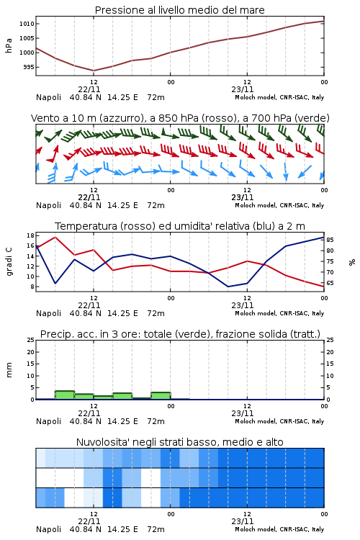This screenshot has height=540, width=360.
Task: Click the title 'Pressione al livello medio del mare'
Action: [179, 10]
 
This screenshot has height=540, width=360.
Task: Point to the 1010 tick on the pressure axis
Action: [27, 24]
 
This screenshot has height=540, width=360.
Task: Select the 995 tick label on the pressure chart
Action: [29, 67]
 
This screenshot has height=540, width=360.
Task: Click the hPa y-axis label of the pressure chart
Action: [9, 45]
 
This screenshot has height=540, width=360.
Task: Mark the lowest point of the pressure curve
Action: [94, 71]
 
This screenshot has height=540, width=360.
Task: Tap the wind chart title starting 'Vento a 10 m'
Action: [180, 118]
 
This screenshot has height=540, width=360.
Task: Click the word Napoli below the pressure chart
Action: [48, 97]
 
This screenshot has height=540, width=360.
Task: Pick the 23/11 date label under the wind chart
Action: [242, 197]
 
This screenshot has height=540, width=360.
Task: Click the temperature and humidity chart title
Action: [180, 226]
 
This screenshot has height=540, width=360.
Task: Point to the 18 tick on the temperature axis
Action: [30, 235]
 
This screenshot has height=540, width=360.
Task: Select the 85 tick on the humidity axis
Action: [330, 240]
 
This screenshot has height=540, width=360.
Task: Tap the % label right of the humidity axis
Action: [352, 262]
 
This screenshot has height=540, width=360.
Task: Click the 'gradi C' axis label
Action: [9, 261]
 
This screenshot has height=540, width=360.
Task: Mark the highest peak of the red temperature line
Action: [55, 237]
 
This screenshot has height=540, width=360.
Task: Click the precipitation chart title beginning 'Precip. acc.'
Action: [180, 334]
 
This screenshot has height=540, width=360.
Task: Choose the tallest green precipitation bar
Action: [65, 395]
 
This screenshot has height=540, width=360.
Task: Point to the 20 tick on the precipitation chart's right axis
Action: [330, 352]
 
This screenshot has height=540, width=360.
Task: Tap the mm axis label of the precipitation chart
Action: [9, 370]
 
